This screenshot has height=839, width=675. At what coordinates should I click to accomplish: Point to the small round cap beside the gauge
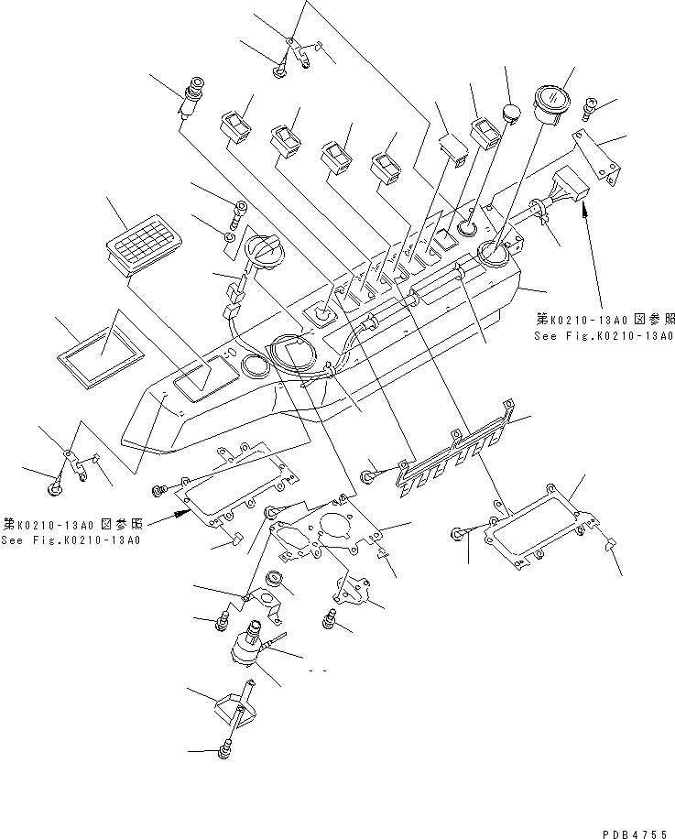point(510,114)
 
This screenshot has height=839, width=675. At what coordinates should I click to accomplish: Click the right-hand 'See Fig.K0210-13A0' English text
point(604,336)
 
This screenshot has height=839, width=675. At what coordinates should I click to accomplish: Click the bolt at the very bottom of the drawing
point(226,753)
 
